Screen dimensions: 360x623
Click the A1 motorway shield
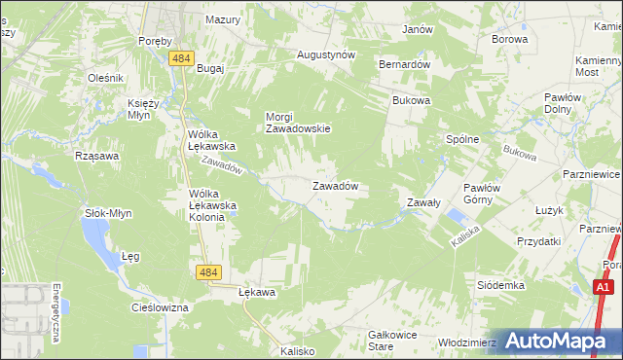click(x=604, y=287)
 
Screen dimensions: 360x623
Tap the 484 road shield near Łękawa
click(x=206, y=274)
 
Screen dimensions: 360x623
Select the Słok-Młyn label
click(x=108, y=212)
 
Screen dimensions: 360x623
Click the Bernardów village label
click(x=404, y=63)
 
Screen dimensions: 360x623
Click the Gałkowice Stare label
click(x=393, y=340)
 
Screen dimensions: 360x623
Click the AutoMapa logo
click(x=555, y=341)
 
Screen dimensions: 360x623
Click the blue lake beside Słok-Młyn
click(x=97, y=233)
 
